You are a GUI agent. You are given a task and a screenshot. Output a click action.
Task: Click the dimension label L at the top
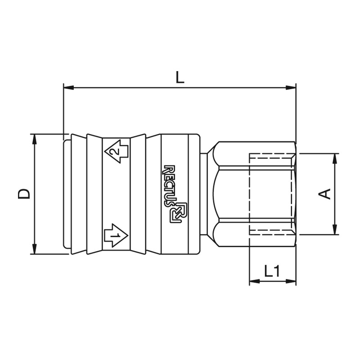pos(180,77)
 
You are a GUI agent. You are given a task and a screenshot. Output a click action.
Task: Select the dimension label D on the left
pos(24,194)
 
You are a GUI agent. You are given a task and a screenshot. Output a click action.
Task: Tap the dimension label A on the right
pos(324,194)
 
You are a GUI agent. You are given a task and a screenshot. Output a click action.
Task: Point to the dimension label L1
pos(272,271)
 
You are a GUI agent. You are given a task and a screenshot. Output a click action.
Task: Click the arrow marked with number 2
pos(116,152)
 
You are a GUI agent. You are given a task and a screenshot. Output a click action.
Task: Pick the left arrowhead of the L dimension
pos(68,88)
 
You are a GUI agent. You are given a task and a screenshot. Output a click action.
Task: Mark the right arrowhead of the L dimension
pos(291,88)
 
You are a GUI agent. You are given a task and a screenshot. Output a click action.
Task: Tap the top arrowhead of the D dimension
pos(35,139)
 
